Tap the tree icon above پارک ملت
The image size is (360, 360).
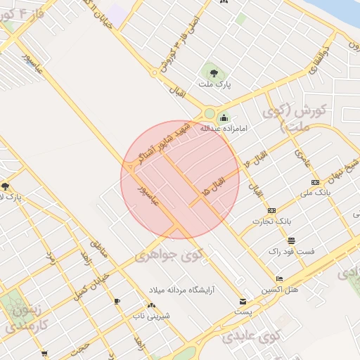pos(212,71)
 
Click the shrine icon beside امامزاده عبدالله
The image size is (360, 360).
pos(224,117)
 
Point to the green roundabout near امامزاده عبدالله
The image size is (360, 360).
pos(209,114)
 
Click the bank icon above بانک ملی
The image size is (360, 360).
pos(314,182)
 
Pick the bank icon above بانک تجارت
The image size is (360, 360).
pos(271,210)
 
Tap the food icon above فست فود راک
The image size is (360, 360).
pos(291,240)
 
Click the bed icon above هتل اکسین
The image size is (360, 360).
pos(279,278)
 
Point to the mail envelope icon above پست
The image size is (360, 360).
pos(243,301)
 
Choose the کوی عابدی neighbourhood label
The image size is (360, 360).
pos(251,336)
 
